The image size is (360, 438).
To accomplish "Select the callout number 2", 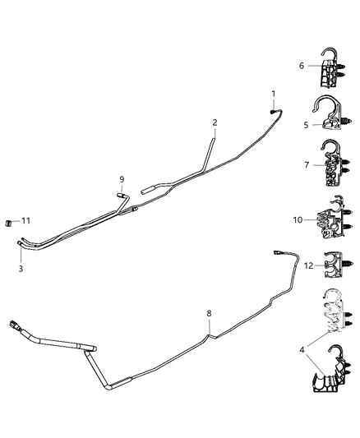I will (215, 123).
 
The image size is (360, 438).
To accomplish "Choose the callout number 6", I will (302, 66).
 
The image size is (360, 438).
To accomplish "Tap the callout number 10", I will (298, 219).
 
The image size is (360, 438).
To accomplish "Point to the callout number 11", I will (26, 221).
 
